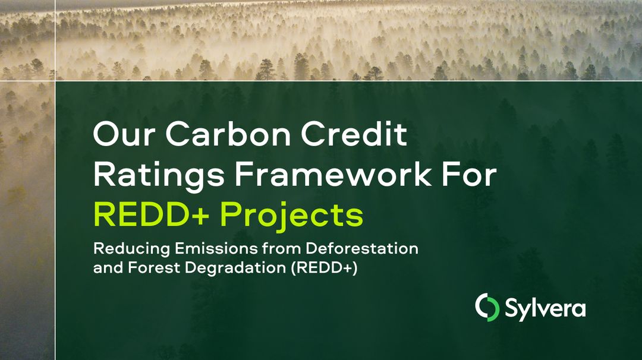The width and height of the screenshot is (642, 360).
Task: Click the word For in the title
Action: point(471,175)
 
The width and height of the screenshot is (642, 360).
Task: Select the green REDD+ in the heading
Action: point(153,215)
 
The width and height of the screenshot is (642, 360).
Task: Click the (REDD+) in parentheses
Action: point(324,268)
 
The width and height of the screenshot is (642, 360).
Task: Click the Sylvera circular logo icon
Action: point(487,307)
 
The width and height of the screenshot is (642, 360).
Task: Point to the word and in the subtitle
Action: point(105,267)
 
